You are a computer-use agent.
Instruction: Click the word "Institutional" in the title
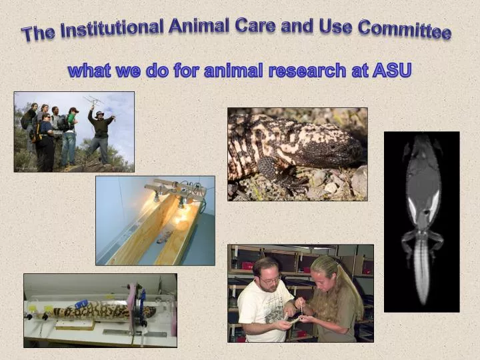[112, 29]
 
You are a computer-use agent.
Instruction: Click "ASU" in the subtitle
[391, 70]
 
